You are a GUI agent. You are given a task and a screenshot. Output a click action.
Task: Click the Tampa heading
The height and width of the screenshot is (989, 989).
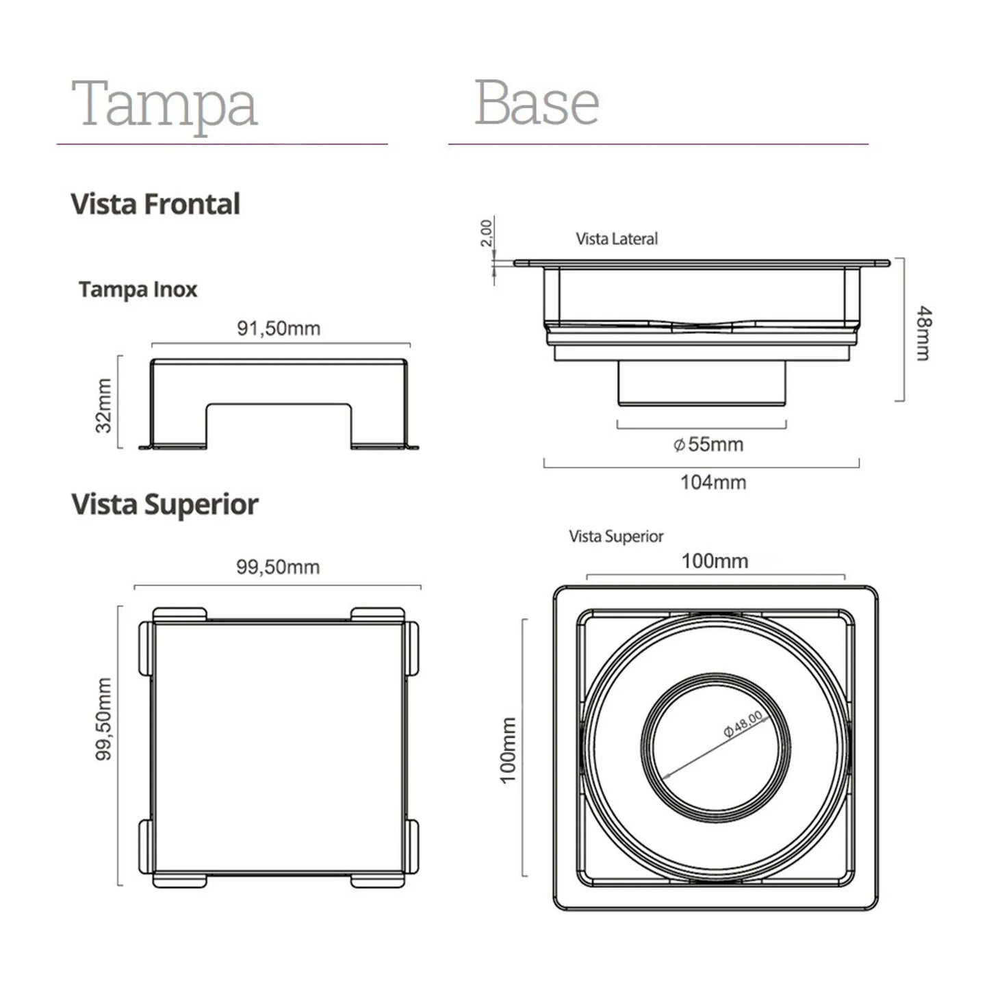(164, 103)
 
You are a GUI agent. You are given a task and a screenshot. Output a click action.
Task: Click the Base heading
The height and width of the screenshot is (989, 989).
(537, 103)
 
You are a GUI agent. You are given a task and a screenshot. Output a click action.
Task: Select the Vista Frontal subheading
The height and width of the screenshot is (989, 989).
(155, 204)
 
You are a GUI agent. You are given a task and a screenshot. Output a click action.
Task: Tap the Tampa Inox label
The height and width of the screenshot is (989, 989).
(138, 290)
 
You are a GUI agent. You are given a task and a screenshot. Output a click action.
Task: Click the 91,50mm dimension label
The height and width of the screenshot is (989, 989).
(279, 329)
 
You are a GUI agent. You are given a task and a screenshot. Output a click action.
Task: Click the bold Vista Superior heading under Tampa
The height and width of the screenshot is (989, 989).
(165, 504)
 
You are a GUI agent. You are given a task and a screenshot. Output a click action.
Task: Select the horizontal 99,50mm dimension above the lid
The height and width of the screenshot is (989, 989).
(278, 567)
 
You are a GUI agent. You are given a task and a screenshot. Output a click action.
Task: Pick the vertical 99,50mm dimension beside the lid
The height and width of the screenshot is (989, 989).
(103, 719)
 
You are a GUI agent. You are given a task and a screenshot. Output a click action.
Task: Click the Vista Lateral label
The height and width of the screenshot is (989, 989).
(617, 239)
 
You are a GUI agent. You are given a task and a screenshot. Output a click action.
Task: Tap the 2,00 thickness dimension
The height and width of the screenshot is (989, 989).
(486, 233)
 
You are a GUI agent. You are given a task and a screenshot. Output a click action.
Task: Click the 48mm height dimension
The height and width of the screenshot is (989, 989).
(924, 333)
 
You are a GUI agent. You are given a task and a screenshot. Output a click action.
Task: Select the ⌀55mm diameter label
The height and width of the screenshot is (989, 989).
(709, 445)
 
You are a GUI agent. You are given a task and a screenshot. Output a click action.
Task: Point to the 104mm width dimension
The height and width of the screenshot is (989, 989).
(713, 483)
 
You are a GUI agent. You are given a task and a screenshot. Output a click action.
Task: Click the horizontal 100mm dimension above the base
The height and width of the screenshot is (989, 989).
(715, 561)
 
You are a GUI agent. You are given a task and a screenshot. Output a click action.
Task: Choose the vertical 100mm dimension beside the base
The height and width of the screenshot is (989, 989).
(508, 750)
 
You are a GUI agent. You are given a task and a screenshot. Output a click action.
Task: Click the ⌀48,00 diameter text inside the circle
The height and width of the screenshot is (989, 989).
(743, 724)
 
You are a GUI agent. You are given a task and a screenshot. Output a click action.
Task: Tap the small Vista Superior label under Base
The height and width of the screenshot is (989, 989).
(616, 537)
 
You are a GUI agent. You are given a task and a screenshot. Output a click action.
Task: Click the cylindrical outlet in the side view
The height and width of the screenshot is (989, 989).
(702, 383)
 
